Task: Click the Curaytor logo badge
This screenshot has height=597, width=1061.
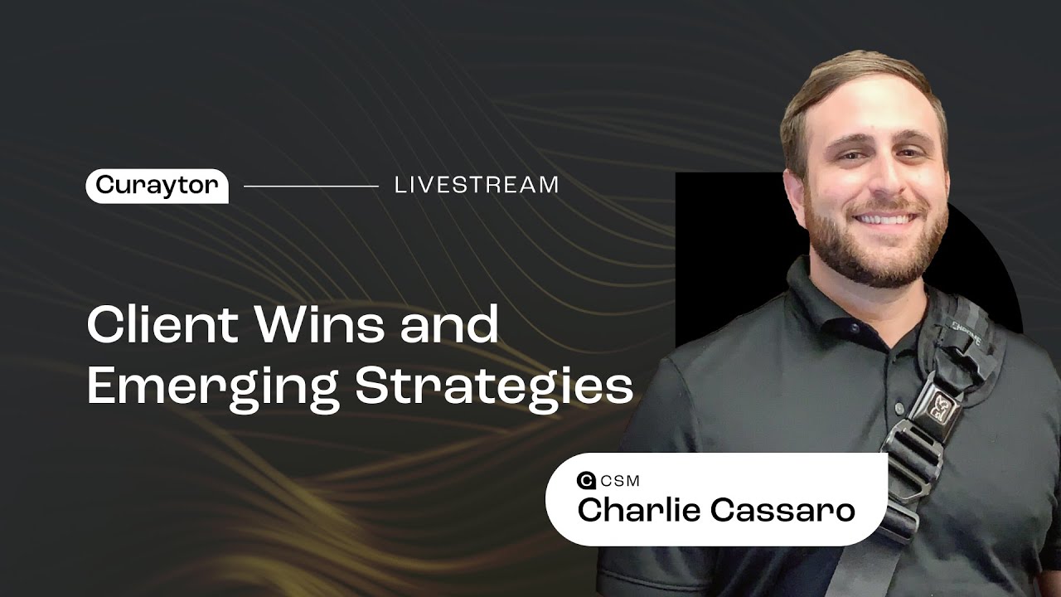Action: tap(157, 187)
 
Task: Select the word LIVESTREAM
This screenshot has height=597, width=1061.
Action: tap(477, 185)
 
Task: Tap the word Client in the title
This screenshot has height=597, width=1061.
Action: tap(163, 324)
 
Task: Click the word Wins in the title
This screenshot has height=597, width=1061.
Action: tap(321, 324)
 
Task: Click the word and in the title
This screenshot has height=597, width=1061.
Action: tap(450, 324)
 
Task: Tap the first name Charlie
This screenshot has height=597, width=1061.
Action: tap(639, 510)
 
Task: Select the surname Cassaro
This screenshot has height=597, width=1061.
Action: tap(783, 511)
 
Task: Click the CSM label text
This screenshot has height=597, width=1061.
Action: tap(620, 481)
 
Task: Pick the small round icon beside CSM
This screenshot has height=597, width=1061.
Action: tap(586, 481)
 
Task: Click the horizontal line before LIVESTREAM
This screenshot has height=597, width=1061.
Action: tap(311, 187)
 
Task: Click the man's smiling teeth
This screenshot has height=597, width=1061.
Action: tap(884, 219)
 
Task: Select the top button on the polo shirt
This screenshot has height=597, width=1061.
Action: tap(854, 328)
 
